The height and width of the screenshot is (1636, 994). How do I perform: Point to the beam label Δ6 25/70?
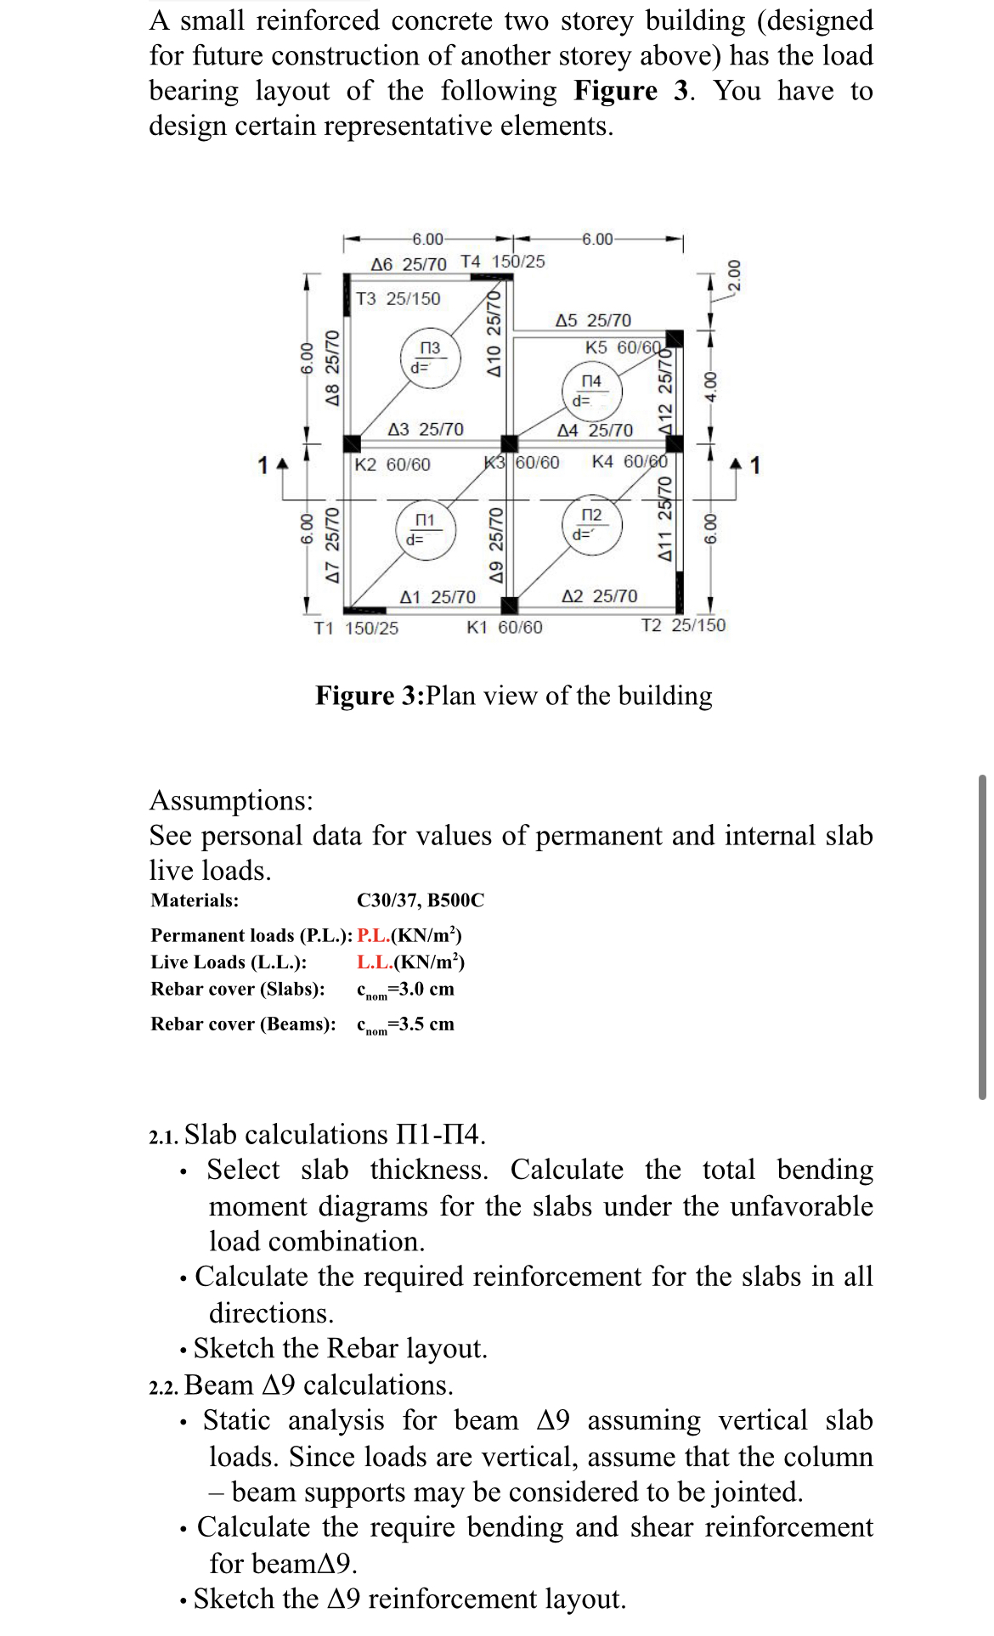[409, 264]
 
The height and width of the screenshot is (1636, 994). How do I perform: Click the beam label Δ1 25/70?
[438, 597]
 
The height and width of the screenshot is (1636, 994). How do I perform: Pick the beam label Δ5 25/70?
[593, 320]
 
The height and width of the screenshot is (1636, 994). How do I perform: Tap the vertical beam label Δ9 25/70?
[496, 544]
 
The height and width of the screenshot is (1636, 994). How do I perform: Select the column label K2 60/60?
[393, 465]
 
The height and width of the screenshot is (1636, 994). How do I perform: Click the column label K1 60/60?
[505, 628]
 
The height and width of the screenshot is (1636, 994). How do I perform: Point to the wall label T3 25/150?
[398, 299]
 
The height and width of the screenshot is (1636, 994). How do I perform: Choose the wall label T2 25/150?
[683, 626]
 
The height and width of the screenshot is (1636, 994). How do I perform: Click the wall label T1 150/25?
[356, 629]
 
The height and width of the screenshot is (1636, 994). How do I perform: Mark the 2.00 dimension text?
[735, 274]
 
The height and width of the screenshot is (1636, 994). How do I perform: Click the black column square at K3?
[509, 443]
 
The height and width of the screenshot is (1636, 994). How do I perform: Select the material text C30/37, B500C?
[421, 900]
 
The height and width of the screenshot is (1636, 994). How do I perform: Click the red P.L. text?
[374, 936]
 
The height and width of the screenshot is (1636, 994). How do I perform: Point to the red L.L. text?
[374, 962]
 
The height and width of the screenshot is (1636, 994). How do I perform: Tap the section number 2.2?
[164, 1387]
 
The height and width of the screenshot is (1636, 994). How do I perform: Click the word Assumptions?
[231, 800]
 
